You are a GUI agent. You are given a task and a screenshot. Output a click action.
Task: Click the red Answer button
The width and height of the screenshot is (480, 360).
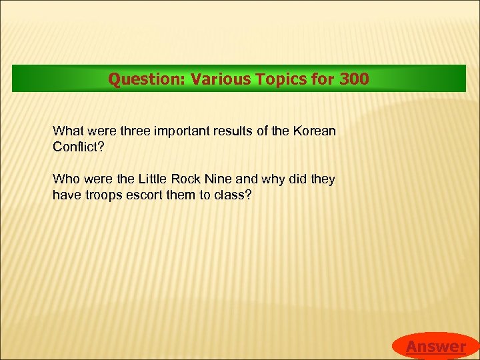click(x=436, y=346)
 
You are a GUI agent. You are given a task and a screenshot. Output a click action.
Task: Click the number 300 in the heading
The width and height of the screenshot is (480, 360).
click(x=354, y=79)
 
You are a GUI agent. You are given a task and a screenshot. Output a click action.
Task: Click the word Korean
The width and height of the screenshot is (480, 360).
click(x=314, y=130)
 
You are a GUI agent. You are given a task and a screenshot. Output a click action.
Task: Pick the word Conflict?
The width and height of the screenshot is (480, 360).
click(x=79, y=146)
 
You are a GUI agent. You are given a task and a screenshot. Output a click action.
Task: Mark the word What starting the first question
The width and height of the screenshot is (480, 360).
click(x=67, y=130)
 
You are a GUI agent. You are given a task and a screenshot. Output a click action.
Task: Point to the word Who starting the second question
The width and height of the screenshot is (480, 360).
click(x=65, y=179)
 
